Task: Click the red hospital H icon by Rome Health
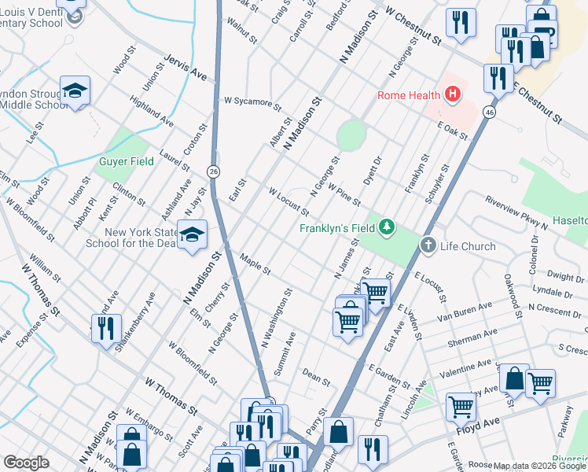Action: [452, 96]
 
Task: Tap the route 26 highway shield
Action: [213, 171]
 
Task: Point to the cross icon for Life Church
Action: [428, 245]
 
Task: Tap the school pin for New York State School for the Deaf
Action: [192, 234]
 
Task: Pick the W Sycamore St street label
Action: [252, 102]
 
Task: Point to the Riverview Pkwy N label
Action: [516, 212]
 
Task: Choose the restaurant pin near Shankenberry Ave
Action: [105, 327]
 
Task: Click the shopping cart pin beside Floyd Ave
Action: [461, 407]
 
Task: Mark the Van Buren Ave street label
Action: [465, 310]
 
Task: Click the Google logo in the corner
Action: [26, 463]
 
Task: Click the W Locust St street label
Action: [288, 202]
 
